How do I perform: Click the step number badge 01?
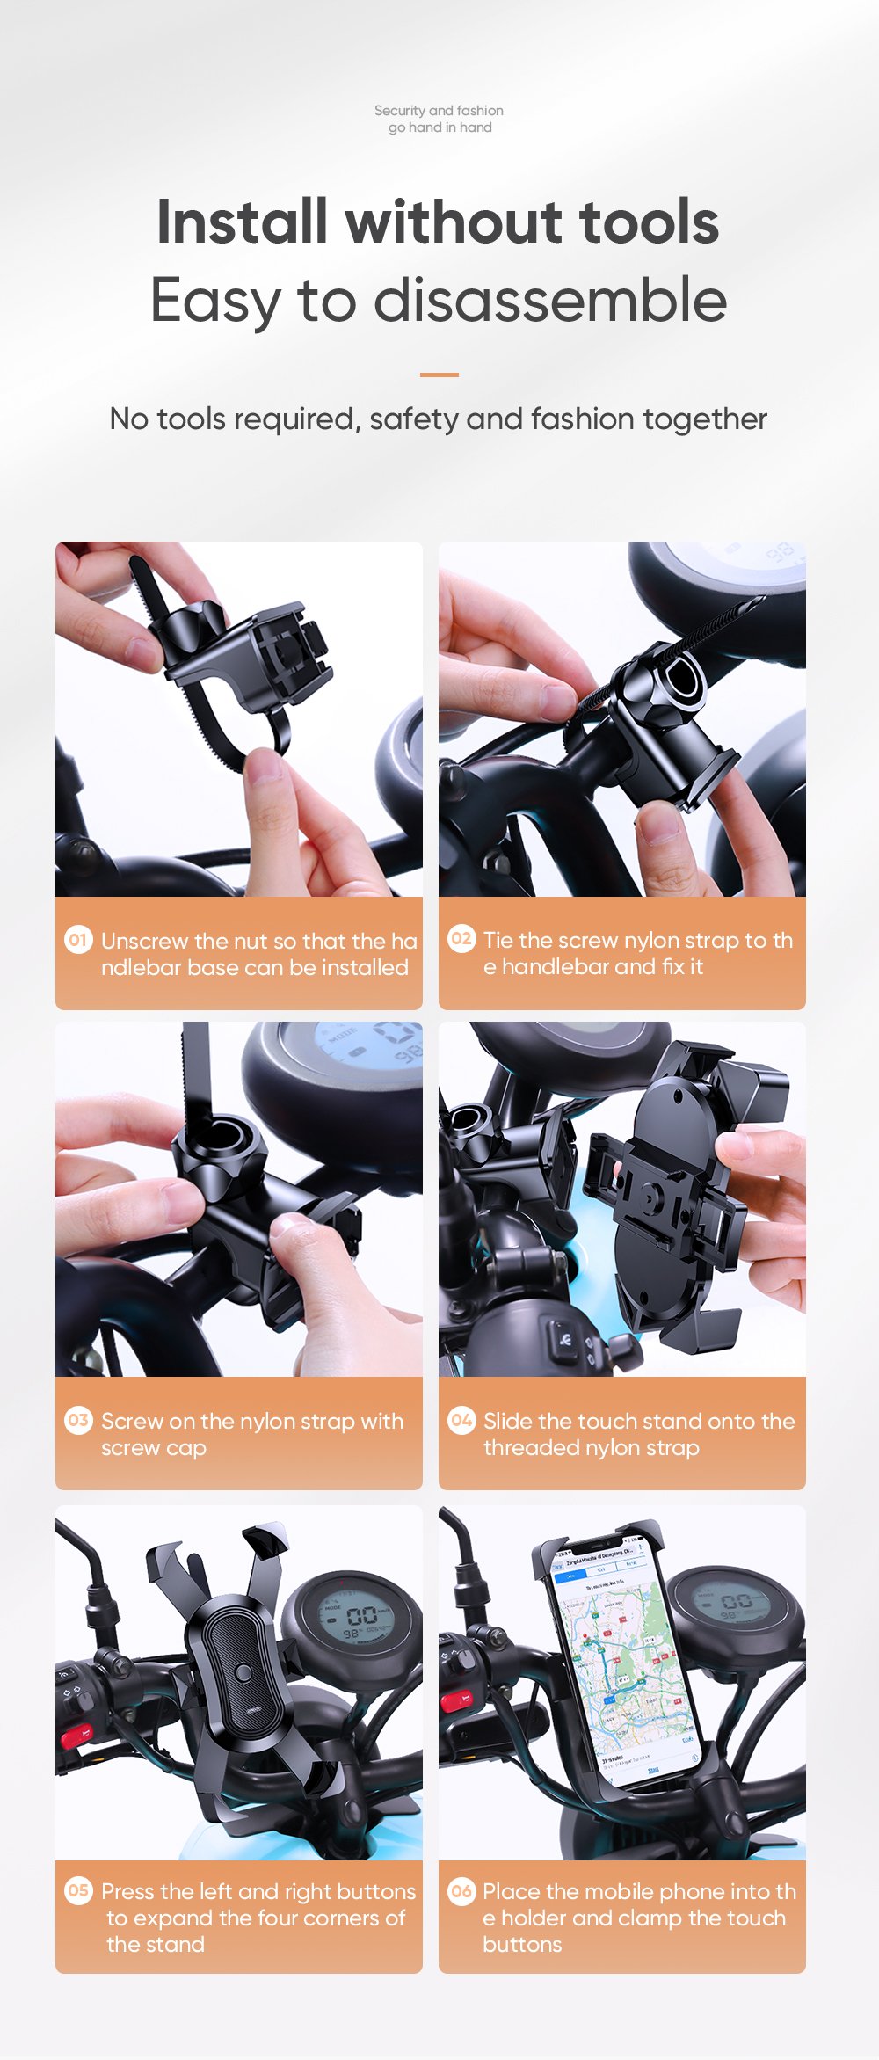coord(78,940)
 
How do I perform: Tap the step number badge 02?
coord(461,938)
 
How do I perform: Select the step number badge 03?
coord(78,1420)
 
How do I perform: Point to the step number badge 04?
coord(461,1420)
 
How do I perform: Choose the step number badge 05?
coord(78,1890)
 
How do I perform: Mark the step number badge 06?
coord(461,1890)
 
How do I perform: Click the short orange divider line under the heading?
coord(439,375)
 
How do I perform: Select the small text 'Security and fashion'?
coord(439,111)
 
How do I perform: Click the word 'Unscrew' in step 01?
coord(144,941)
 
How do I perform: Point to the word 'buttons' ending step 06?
coord(522,1944)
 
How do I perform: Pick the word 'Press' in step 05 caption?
coord(128,1891)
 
